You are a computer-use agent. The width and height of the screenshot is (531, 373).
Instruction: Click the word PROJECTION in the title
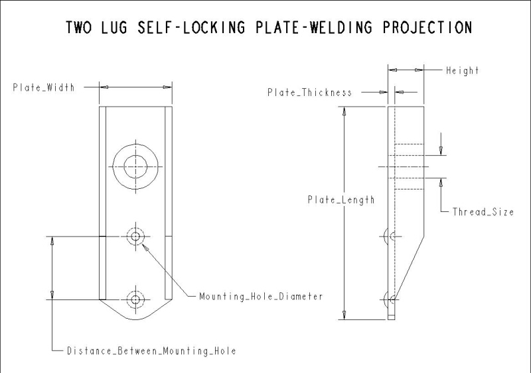tap(427, 27)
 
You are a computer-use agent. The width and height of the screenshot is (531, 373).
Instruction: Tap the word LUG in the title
tap(114, 27)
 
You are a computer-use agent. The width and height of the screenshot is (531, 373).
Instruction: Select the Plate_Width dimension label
tap(44, 87)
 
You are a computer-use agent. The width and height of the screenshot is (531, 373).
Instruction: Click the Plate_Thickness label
tap(309, 92)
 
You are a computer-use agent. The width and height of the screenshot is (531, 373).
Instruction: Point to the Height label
tap(462, 70)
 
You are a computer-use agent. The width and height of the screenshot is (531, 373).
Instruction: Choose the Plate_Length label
tap(341, 199)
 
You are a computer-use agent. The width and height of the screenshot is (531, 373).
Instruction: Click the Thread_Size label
tap(483, 212)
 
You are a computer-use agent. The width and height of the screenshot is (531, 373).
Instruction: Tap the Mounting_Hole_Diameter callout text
tap(261, 297)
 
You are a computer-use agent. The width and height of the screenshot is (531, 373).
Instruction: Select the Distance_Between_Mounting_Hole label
tap(151, 350)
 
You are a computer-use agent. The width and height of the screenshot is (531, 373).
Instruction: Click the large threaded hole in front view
tap(135, 144)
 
